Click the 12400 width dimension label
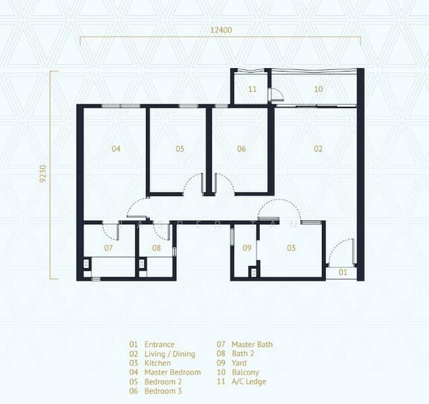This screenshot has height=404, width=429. pos(221,30)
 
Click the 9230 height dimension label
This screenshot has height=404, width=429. pos(43,174)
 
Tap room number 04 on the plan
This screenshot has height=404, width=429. pos(116,149)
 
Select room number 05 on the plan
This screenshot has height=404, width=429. pos(180,149)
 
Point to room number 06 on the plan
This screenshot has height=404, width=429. pos(241,149)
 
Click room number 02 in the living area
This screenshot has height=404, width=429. pos(318,149)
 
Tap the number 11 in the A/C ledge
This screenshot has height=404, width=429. pos(253,89)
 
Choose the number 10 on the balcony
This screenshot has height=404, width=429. pos(318,89)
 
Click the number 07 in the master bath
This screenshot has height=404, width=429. pos(108,248)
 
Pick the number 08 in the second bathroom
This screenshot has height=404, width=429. pos(156,248)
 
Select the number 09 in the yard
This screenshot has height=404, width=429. pos(246,248)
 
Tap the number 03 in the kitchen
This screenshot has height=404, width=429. pos(292,248)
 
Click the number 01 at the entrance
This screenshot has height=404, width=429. pos(343,272)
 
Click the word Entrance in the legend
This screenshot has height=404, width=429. pos(159,344)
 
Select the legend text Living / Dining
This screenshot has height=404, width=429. pos(170,354)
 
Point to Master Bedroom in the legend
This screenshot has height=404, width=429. pos(172,372)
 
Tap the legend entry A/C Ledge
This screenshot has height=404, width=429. pos(249,382)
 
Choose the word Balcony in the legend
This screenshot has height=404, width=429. pos(245,372)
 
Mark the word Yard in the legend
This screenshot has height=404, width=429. pos(239,363)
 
